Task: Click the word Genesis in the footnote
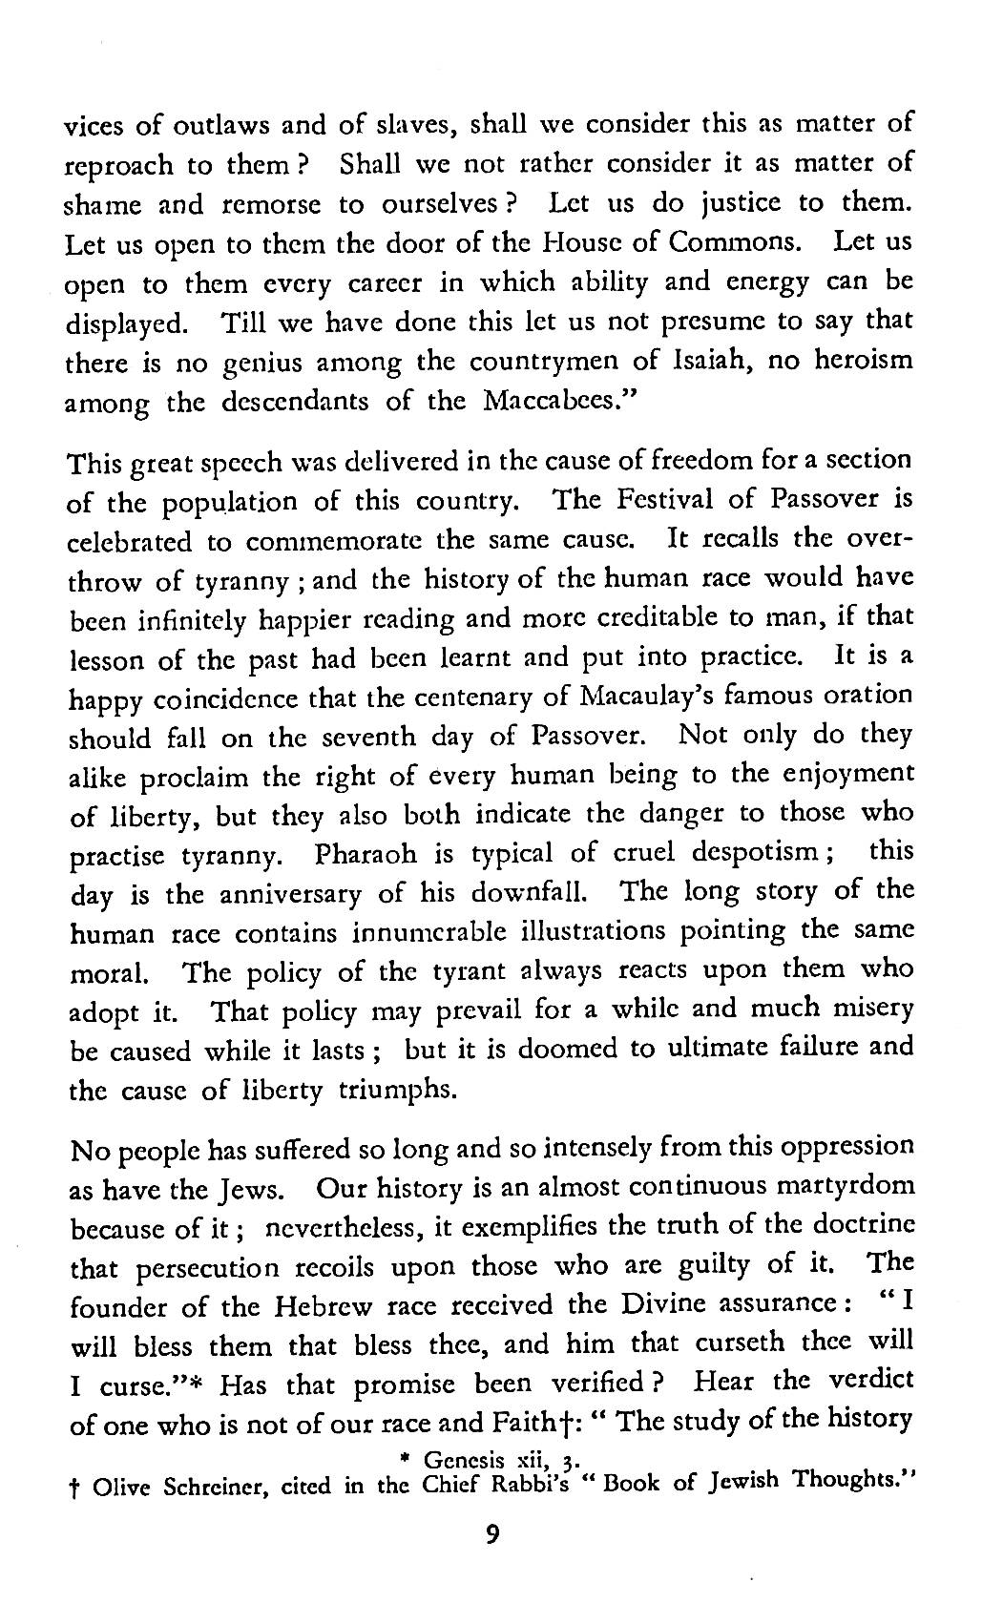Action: tap(459, 1461)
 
